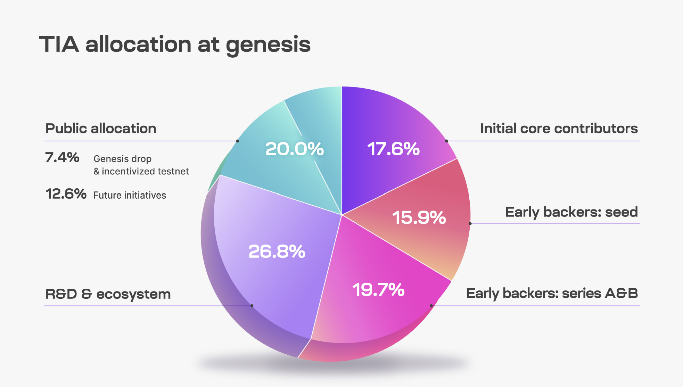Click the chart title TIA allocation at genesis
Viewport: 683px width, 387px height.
tap(175, 44)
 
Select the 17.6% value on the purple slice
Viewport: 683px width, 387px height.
tap(393, 149)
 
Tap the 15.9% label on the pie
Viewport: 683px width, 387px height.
tap(419, 217)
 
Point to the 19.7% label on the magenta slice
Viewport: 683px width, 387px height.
tap(378, 289)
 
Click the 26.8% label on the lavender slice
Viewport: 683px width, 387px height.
tap(277, 251)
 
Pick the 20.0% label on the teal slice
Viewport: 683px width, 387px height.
tap(294, 149)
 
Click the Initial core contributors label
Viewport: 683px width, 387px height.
tap(559, 129)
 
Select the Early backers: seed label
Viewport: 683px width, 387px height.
tap(571, 212)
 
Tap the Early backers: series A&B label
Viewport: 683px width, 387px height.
tap(552, 294)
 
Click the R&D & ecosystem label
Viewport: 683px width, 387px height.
tap(108, 294)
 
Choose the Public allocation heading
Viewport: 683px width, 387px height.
tap(101, 129)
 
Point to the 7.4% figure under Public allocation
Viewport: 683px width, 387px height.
tap(62, 157)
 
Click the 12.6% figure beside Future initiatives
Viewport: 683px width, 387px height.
tap(66, 194)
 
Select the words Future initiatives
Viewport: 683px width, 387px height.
tap(130, 195)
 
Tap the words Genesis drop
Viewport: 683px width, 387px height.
tap(122, 159)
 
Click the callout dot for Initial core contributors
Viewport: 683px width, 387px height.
tap(446, 141)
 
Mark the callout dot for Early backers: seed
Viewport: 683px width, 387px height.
tap(470, 223)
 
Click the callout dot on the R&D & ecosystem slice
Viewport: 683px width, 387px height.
tap(252, 306)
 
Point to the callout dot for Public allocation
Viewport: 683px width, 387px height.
tap(238, 141)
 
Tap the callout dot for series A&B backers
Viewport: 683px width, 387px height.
tap(431, 306)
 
